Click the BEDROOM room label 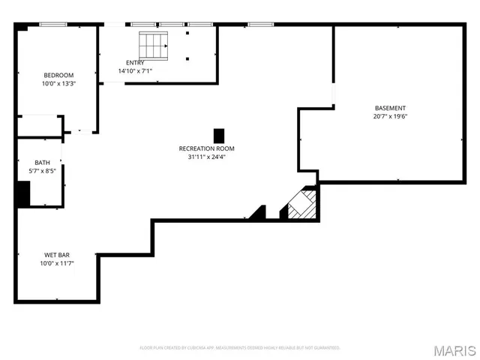pos(58,75)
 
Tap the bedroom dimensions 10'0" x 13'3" pos(58,84)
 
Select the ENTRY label pos(136,62)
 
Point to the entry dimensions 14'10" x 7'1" pos(136,71)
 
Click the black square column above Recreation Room pos(219,136)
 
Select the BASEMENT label pos(390,108)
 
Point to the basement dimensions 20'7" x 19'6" pos(390,116)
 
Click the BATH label pos(42,163)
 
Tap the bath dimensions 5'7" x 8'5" pos(42,171)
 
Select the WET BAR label pos(57,255)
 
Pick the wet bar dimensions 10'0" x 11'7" pos(57,263)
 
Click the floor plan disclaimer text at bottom pos(240,348)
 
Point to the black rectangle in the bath pos(22,193)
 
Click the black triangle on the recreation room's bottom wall pos(259,214)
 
